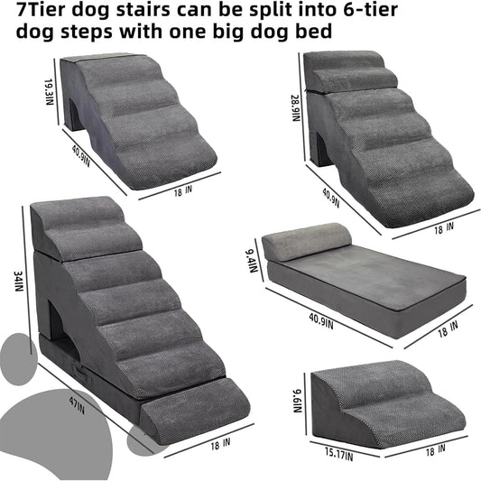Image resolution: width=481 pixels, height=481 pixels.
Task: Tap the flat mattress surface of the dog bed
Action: coord(361,275)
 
